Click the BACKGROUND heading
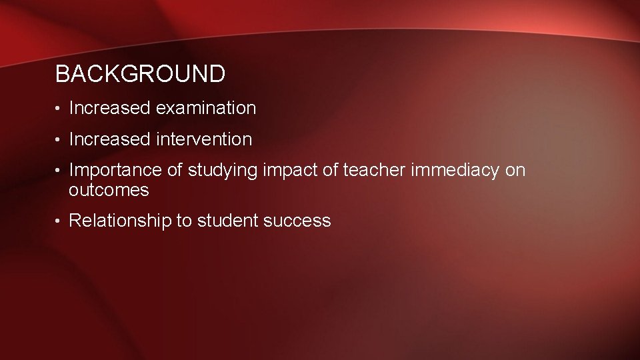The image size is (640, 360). [140, 74]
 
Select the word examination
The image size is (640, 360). [206, 108]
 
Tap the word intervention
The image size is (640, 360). [204, 140]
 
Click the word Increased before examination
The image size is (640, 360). [110, 108]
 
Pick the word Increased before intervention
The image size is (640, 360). [110, 140]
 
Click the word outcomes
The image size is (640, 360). [109, 191]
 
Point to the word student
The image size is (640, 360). [227, 221]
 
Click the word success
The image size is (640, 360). [297, 221]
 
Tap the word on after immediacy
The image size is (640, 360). [515, 171]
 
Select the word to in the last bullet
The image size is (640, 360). [184, 221]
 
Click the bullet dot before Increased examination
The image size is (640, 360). [59, 109]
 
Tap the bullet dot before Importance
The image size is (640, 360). [59, 171]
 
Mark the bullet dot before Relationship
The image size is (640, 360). [59, 221]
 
